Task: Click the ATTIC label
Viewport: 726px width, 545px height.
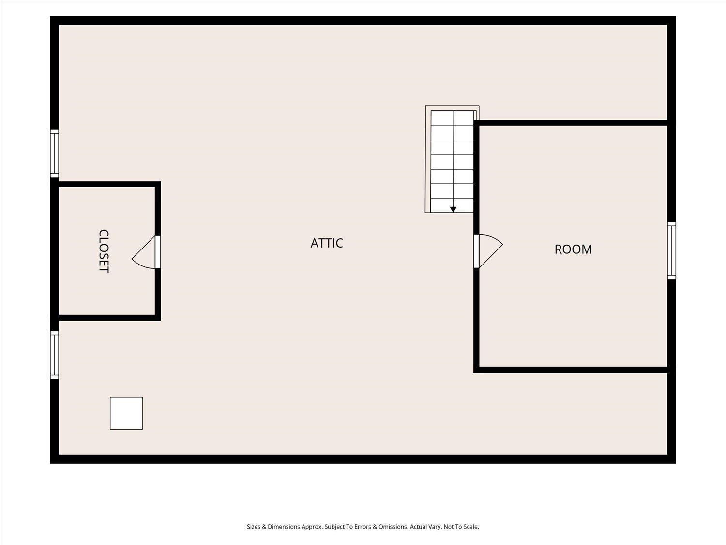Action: pyautogui.click(x=327, y=243)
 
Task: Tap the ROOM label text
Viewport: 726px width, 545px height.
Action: pyautogui.click(x=573, y=249)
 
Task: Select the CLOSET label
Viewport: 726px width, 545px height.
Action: pyautogui.click(x=104, y=251)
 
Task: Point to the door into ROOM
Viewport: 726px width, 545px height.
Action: pyautogui.click(x=488, y=251)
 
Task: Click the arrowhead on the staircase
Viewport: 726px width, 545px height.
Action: pyautogui.click(x=453, y=210)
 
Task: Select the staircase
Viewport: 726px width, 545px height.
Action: pyautogui.click(x=452, y=159)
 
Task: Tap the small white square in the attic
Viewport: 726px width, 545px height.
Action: pyautogui.click(x=126, y=413)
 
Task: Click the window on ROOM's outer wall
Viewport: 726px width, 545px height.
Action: pyautogui.click(x=671, y=250)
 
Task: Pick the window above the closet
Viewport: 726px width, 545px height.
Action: pyautogui.click(x=55, y=154)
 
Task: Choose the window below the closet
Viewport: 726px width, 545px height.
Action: pyautogui.click(x=55, y=355)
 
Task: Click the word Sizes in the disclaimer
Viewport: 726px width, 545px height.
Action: pyautogui.click(x=253, y=527)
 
